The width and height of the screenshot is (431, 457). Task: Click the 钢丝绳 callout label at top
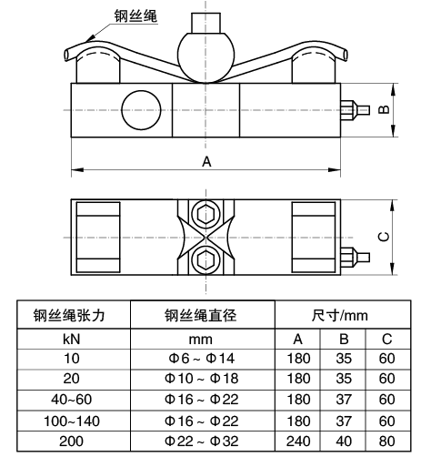(x=135, y=15)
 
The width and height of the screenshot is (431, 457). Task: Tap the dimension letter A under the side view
(x=206, y=162)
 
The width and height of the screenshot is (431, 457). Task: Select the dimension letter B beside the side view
(x=384, y=109)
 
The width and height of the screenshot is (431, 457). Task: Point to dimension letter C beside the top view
(x=384, y=237)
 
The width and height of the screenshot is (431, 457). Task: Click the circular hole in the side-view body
(x=141, y=109)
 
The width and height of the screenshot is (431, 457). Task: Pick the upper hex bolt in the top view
(x=205, y=214)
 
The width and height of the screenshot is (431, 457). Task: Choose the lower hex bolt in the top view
(x=205, y=260)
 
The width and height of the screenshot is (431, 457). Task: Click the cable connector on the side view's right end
(x=355, y=109)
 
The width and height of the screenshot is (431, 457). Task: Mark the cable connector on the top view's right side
(x=355, y=258)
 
